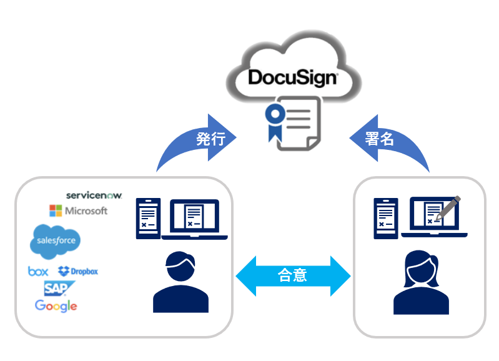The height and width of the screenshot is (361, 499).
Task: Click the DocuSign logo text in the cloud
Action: coord(292,77)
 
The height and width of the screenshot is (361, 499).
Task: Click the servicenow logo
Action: coord(94,195)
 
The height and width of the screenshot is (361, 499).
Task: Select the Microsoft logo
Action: coord(79,210)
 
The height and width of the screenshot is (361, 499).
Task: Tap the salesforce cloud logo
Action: coord(56,240)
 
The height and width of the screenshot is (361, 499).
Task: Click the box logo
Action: coord(38,271)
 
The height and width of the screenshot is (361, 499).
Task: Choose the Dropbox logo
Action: coord(78,271)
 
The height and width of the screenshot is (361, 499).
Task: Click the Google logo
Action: coord(56,305)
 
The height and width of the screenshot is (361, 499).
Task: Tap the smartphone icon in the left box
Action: coord(148,218)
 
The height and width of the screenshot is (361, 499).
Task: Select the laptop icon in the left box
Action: coord(194,219)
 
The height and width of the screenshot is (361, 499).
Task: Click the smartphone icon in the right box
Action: coord(386,218)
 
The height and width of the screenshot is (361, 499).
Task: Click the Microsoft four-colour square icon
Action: coord(56,210)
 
